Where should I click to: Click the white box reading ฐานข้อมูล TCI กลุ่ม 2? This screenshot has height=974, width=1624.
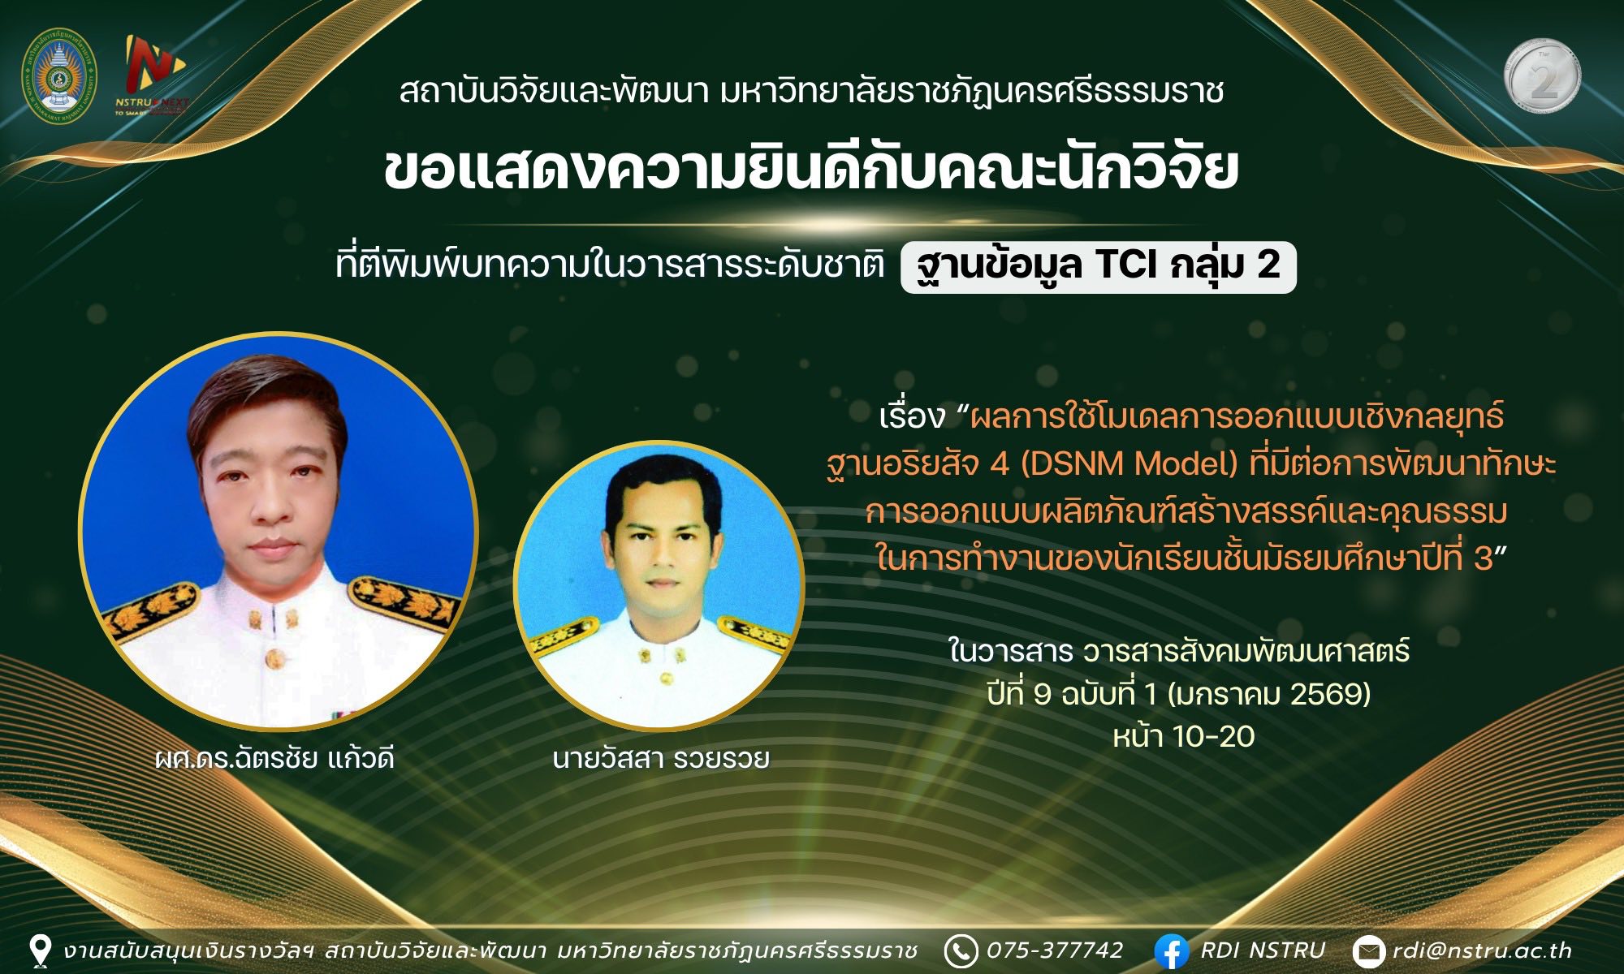tap(1099, 266)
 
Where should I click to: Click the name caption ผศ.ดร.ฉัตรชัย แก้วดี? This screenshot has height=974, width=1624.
tap(275, 759)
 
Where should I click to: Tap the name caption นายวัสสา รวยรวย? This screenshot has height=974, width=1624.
tap(660, 759)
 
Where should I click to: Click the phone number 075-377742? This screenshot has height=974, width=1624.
tap(1055, 950)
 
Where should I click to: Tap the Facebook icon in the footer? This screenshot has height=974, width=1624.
tap(1171, 952)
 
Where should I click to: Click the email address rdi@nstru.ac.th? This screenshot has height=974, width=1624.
tap(1482, 950)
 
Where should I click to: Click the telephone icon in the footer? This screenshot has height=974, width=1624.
tap(961, 951)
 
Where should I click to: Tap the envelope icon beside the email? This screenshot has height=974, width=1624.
tap(1369, 952)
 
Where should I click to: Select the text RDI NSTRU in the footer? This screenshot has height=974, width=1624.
tap(1263, 950)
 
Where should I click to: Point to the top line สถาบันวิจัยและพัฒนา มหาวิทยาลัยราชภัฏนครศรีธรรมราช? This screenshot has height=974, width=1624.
tap(811, 92)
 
